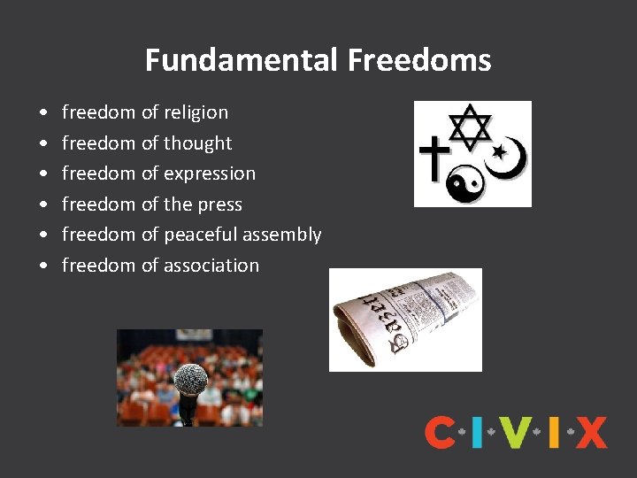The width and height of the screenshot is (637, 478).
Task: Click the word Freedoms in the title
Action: (x=419, y=60)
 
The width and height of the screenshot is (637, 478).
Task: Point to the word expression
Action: (x=210, y=174)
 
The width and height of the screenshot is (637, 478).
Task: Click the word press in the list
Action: (x=219, y=205)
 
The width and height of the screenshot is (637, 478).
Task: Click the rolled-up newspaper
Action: (x=405, y=320)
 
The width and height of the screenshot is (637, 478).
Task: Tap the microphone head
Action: (x=190, y=380)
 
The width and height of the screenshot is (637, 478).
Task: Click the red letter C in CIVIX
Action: (x=440, y=432)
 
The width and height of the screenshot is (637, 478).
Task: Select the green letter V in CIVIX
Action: (x=514, y=432)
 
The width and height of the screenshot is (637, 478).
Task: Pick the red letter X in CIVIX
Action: (x=591, y=432)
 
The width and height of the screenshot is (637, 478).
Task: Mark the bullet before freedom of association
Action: (x=43, y=266)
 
